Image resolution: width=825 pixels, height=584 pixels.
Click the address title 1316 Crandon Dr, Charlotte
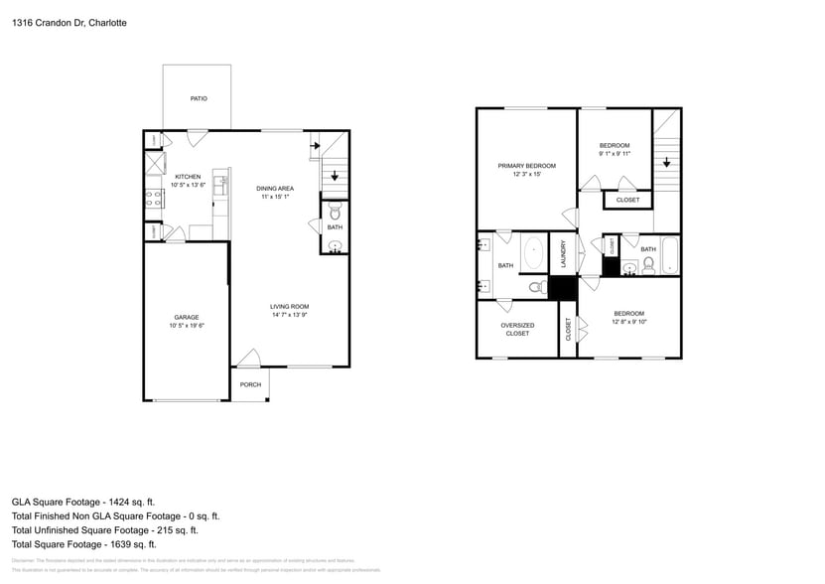[x=69, y=22]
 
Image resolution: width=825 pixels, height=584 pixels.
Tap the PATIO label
[x=199, y=99]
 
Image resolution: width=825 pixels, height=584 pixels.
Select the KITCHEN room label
[x=188, y=177]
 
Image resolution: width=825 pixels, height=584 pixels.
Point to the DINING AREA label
[x=274, y=189]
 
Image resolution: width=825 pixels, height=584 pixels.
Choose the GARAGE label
[x=187, y=318]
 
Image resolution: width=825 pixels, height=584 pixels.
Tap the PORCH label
[x=250, y=384]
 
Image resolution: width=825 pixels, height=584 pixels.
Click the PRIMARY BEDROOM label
[x=526, y=166]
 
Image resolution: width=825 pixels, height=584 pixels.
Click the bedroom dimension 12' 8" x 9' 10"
[x=628, y=322]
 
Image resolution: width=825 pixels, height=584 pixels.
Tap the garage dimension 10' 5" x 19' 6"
[x=187, y=326]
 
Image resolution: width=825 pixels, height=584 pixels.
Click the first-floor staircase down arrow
[x=335, y=176]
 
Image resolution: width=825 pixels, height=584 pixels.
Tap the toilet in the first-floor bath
[x=335, y=212]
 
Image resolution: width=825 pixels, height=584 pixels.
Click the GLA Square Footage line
[x=82, y=503]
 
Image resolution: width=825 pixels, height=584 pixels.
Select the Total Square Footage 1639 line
[x=83, y=544]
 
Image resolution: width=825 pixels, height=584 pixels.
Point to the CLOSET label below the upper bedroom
[x=627, y=200]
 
